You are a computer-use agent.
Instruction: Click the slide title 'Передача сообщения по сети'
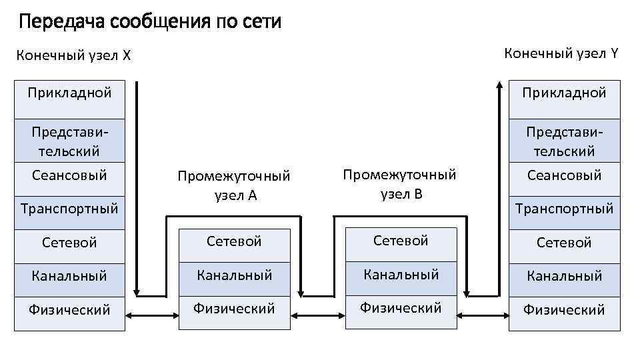coord(150,22)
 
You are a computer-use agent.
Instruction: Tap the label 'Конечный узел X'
coord(73,55)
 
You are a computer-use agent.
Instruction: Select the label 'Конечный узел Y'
coord(561,53)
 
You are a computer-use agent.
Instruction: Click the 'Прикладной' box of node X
coord(69,92)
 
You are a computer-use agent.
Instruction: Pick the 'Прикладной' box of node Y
coord(564,92)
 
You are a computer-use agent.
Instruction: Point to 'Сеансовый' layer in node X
coord(69,175)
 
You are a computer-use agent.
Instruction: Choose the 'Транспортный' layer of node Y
coord(564,208)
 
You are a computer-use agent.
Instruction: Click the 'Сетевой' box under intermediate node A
coord(234,241)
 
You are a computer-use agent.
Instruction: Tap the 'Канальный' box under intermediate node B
coord(401,274)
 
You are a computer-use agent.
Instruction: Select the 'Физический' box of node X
coord(69,309)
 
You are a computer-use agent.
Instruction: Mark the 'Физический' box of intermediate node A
coord(234,309)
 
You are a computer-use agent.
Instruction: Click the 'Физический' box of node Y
coord(564,309)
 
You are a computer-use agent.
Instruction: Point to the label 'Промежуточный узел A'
coord(234,185)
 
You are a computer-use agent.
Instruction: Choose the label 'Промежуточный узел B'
coord(400,184)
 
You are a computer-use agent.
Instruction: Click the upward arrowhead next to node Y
coord(499,85)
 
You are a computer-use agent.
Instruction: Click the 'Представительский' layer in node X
coord(69,140)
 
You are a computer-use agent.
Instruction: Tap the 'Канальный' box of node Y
coord(564,275)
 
